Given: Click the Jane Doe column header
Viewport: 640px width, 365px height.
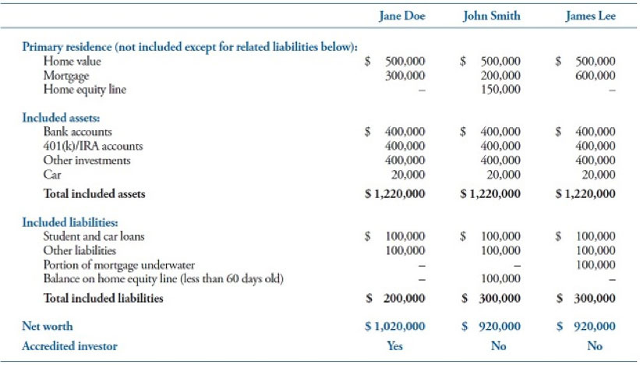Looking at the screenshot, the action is tap(402, 16).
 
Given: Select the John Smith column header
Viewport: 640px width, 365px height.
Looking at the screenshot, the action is tap(492, 16).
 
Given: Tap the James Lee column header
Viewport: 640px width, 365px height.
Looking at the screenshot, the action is tap(591, 16).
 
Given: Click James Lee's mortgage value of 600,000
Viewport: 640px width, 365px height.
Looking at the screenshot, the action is tap(596, 76).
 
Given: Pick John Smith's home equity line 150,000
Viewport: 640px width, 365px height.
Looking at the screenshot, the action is tap(500, 90).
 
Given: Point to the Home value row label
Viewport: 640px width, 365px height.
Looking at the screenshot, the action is tap(72, 62).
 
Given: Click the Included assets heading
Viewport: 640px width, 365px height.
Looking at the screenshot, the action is tap(61, 118).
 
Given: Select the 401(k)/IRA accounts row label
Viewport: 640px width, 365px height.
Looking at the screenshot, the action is tap(93, 146).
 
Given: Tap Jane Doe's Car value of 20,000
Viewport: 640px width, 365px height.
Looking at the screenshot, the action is tap(408, 175).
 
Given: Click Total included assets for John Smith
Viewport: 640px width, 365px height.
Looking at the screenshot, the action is tap(490, 193).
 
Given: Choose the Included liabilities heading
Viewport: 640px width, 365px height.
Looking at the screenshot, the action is tap(70, 222).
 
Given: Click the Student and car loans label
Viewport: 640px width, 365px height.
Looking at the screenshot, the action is tap(94, 236).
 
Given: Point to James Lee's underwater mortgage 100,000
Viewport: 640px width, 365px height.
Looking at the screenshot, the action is tap(596, 265).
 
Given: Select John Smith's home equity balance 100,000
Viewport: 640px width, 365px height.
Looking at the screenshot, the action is tap(500, 279).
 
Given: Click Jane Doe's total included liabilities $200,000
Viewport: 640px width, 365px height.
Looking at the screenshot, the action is tap(395, 299).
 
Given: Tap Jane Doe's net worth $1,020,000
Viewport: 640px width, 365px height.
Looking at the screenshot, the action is tap(395, 326).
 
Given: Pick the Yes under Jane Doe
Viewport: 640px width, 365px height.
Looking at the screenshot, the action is tap(394, 346).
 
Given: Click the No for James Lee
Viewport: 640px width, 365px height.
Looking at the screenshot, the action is tap(595, 346).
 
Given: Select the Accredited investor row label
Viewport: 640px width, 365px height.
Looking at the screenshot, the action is tap(69, 346).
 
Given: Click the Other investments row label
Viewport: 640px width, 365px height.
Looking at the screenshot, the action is tap(87, 161).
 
